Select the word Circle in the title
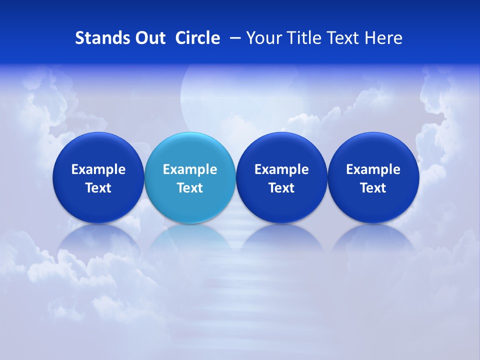[x=197, y=38]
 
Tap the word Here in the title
[x=383, y=38]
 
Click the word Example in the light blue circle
[x=190, y=169]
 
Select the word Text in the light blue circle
[x=190, y=188]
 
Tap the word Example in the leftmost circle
[x=98, y=169]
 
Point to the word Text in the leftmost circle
[x=98, y=188]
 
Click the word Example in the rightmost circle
[x=373, y=169]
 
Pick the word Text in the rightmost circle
[x=373, y=188]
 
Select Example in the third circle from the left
[x=281, y=169]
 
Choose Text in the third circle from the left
[x=281, y=188]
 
